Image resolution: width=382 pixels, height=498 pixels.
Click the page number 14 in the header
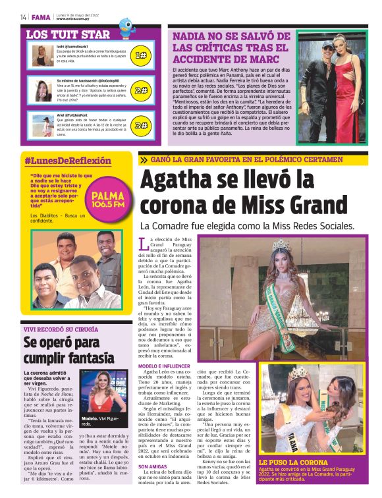22,16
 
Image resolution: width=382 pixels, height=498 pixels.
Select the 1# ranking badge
140,55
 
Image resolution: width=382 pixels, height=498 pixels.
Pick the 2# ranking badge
140,90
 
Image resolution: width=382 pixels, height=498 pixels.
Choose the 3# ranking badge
140,125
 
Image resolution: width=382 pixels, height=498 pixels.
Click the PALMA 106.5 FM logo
108,199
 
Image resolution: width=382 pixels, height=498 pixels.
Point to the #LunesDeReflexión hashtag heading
68,161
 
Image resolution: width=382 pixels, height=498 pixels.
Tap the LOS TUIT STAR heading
68,34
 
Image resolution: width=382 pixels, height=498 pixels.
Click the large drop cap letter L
144,245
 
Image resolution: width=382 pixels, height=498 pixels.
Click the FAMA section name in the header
41,16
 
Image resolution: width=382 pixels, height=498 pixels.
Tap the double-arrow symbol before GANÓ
144,159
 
